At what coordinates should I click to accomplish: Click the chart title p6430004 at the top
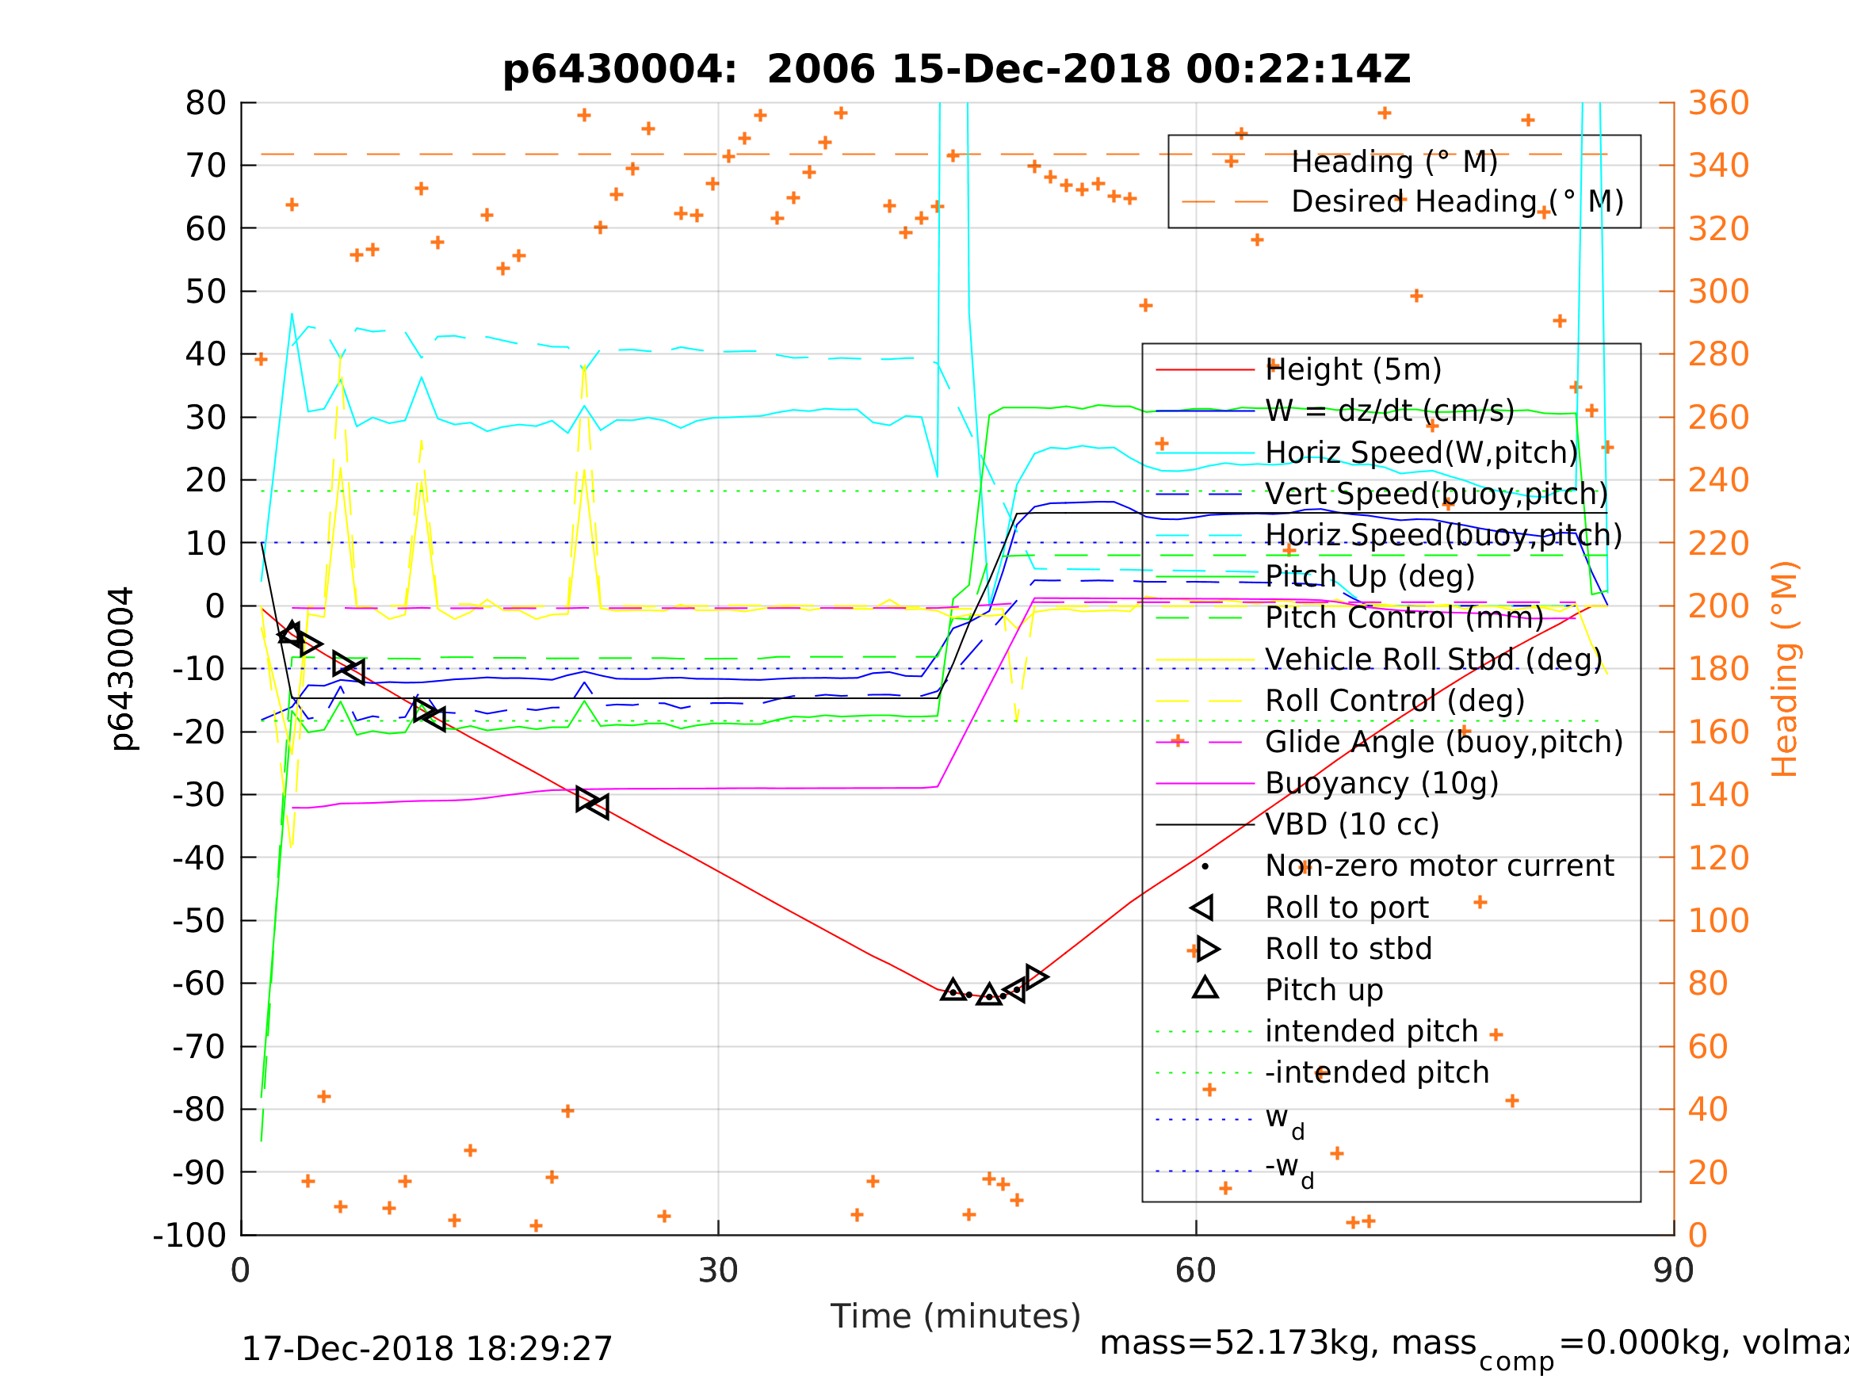pyautogui.click(x=957, y=70)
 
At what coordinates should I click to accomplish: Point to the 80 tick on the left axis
pyautogui.click(x=205, y=104)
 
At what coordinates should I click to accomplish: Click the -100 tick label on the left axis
pyautogui.click(x=189, y=1235)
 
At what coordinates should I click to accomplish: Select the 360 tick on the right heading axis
pyautogui.click(x=1718, y=104)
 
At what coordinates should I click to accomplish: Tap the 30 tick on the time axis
pyautogui.click(x=718, y=1271)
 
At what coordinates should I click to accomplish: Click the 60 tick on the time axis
pyautogui.click(x=1195, y=1271)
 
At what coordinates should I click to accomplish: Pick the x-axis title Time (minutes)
pyautogui.click(x=956, y=1316)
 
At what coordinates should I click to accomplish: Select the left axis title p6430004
pyautogui.click(x=123, y=669)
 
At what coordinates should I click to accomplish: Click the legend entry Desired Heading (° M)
pyautogui.click(x=1457, y=201)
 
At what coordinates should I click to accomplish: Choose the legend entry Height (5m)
pyautogui.click(x=1354, y=369)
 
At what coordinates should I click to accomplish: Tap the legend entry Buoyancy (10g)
pyautogui.click(x=1381, y=783)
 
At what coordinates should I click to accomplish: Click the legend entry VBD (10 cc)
pyautogui.click(x=1351, y=824)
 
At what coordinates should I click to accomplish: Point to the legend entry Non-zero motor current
pyautogui.click(x=1439, y=866)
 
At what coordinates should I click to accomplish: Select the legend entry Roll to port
pyautogui.click(x=1347, y=907)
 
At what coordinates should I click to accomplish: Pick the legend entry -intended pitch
pyautogui.click(x=1377, y=1072)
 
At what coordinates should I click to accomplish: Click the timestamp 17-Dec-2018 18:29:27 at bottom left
pyautogui.click(x=426, y=1350)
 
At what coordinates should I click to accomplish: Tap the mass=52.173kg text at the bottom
pyautogui.click(x=1287, y=1343)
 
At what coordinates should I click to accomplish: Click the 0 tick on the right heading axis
pyautogui.click(x=1698, y=1235)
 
